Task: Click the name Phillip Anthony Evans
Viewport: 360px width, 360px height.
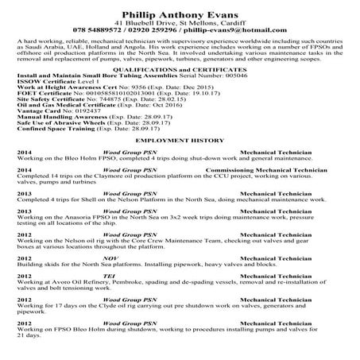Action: tap(180, 14)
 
